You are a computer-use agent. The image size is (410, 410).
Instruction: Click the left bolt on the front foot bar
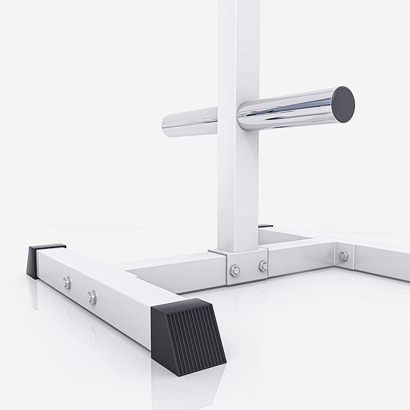coord(66,283)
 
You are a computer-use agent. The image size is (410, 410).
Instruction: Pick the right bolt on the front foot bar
coord(92,297)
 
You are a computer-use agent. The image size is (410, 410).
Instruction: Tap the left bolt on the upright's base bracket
coord(235,270)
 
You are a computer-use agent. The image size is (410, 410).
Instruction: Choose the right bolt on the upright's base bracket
coord(262,265)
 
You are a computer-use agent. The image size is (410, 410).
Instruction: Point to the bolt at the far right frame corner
coord(343,256)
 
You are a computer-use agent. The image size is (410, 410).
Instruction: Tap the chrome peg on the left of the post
coord(188,122)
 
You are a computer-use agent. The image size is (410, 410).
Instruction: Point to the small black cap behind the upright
coord(265,226)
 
